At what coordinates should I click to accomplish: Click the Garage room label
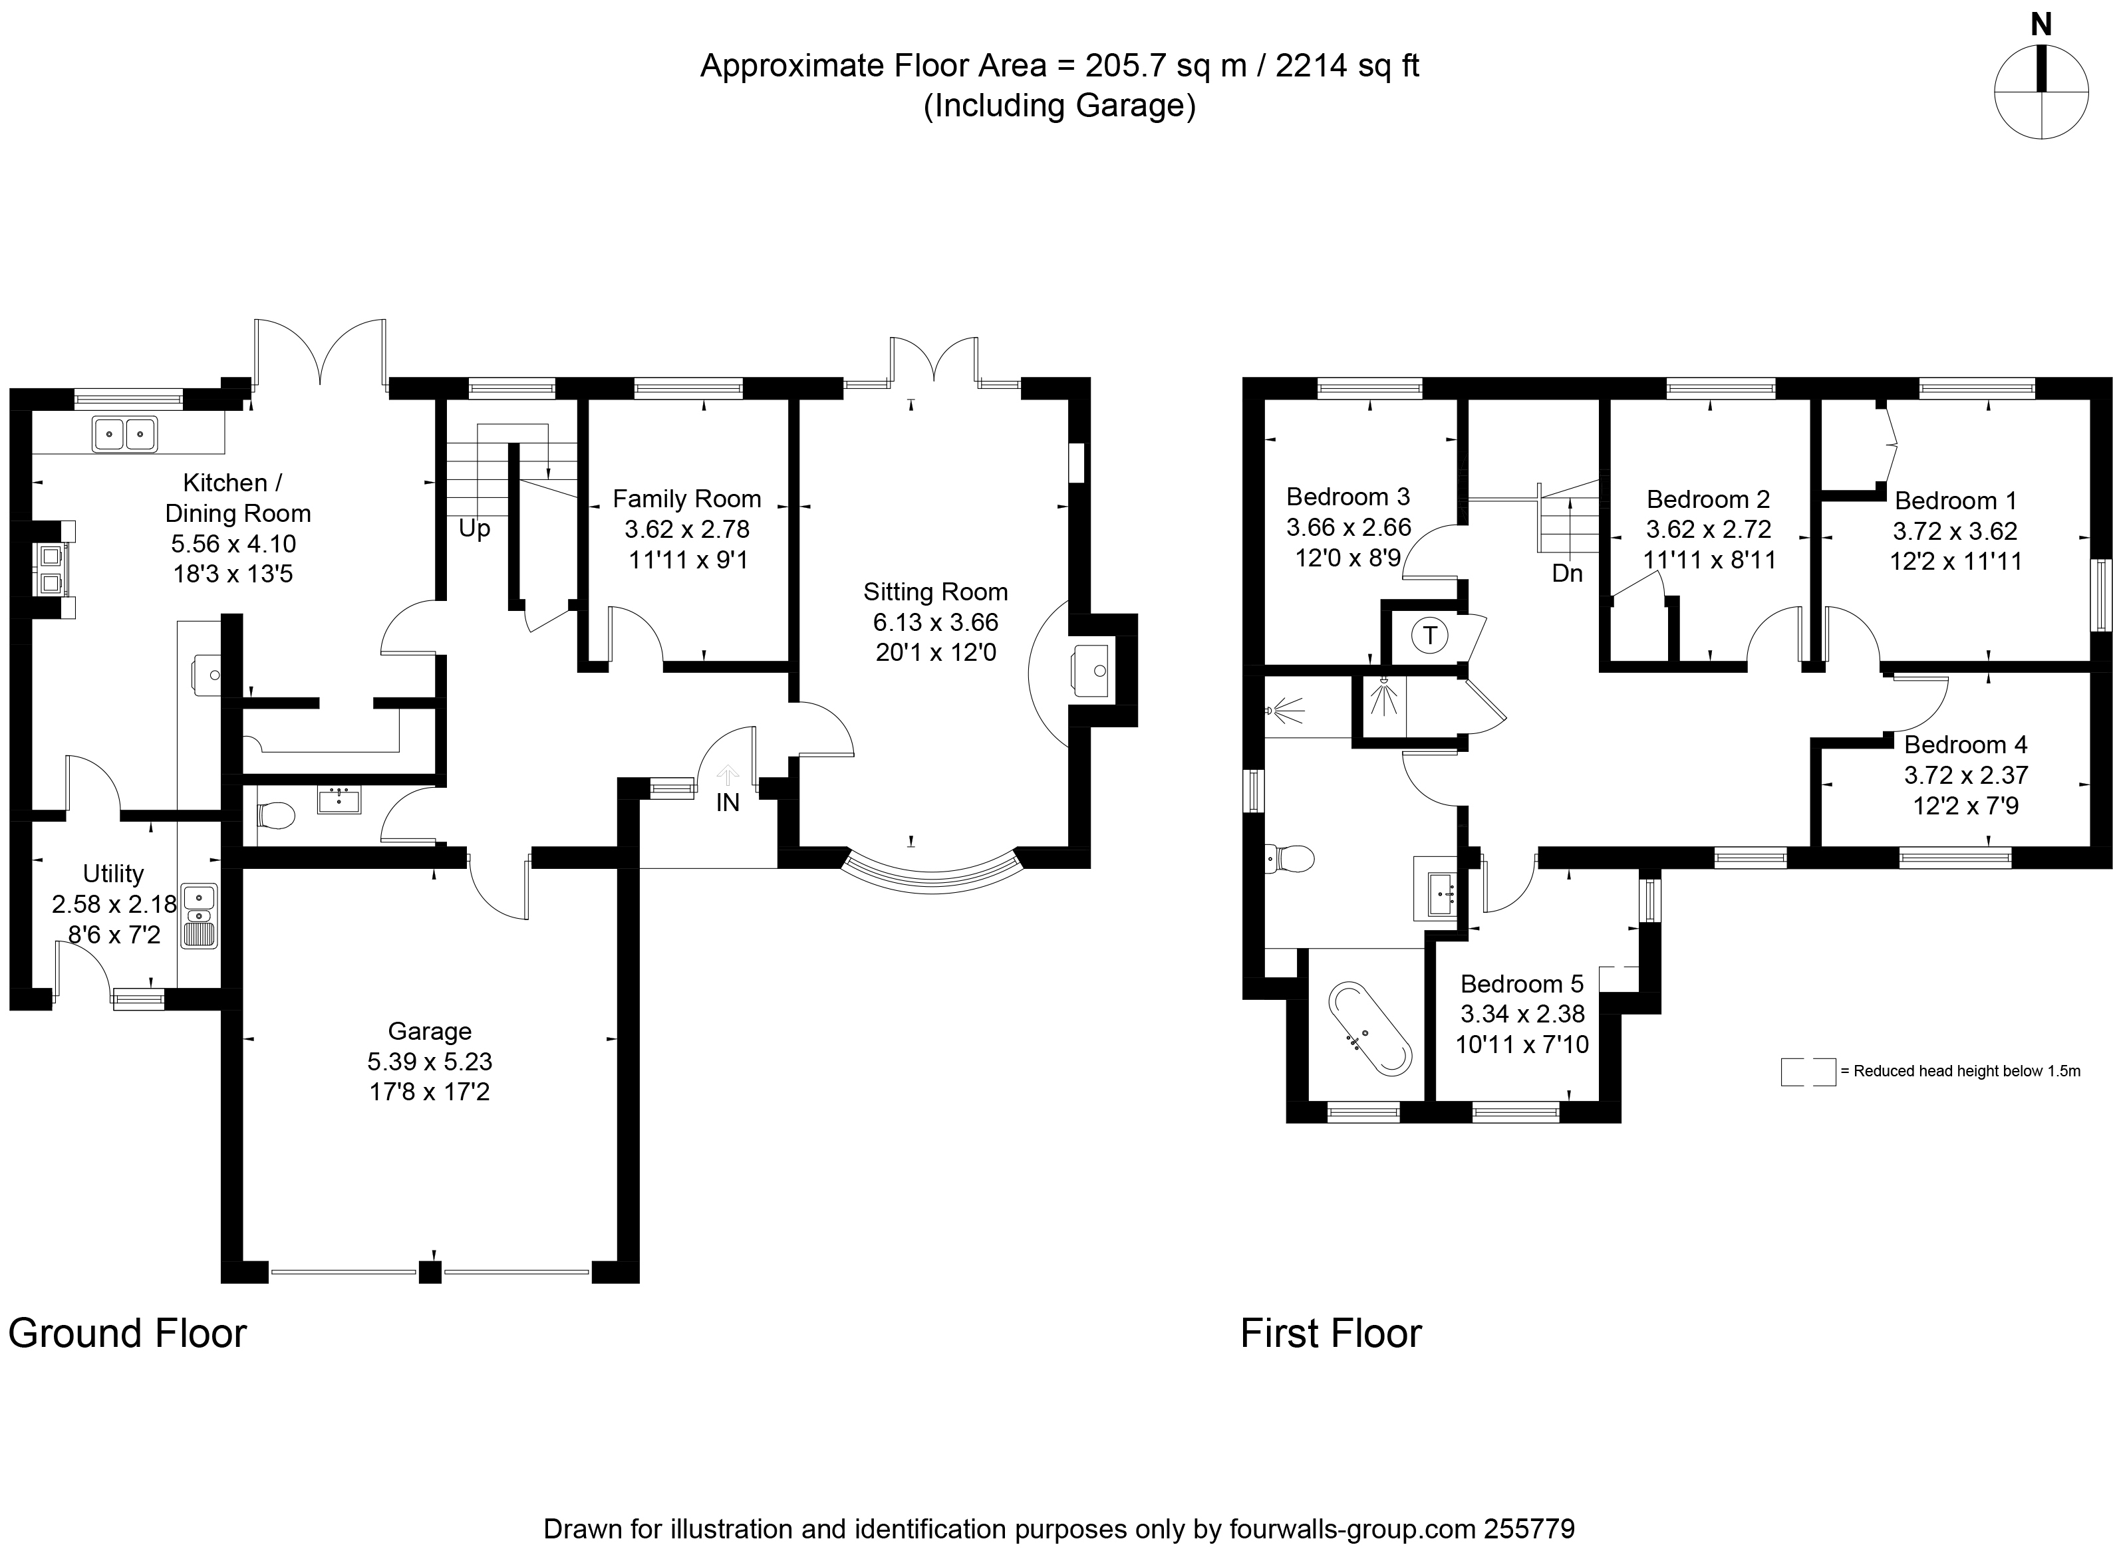point(429,1031)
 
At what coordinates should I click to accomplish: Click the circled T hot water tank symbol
point(1431,636)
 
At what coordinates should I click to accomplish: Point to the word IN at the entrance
point(728,802)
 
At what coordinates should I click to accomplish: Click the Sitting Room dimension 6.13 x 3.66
point(936,622)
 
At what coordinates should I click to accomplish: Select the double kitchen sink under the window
point(124,434)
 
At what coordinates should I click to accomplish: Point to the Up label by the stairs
point(475,529)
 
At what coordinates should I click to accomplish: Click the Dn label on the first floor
point(1568,572)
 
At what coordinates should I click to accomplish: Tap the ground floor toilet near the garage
point(275,815)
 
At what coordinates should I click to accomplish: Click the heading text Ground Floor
point(127,1333)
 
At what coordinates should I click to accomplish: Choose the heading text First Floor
point(1331,1333)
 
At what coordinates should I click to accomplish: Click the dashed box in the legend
point(1807,1072)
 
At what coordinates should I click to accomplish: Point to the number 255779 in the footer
point(1529,1528)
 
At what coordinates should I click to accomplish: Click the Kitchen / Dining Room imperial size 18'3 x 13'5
point(233,574)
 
